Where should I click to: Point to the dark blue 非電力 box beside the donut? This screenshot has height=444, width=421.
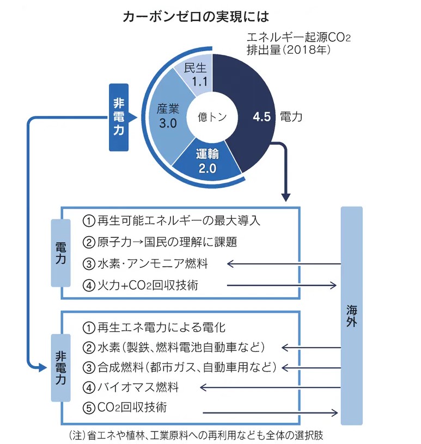(x=118, y=117)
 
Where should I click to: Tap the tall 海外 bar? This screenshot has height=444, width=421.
(x=351, y=316)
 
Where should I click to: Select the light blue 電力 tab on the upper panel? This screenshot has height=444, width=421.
(x=61, y=252)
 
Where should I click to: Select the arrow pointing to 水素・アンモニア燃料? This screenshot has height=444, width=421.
(x=283, y=264)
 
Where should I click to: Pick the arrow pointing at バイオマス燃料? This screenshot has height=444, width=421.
(x=270, y=387)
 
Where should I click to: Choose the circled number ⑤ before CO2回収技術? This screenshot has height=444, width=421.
(x=89, y=407)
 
